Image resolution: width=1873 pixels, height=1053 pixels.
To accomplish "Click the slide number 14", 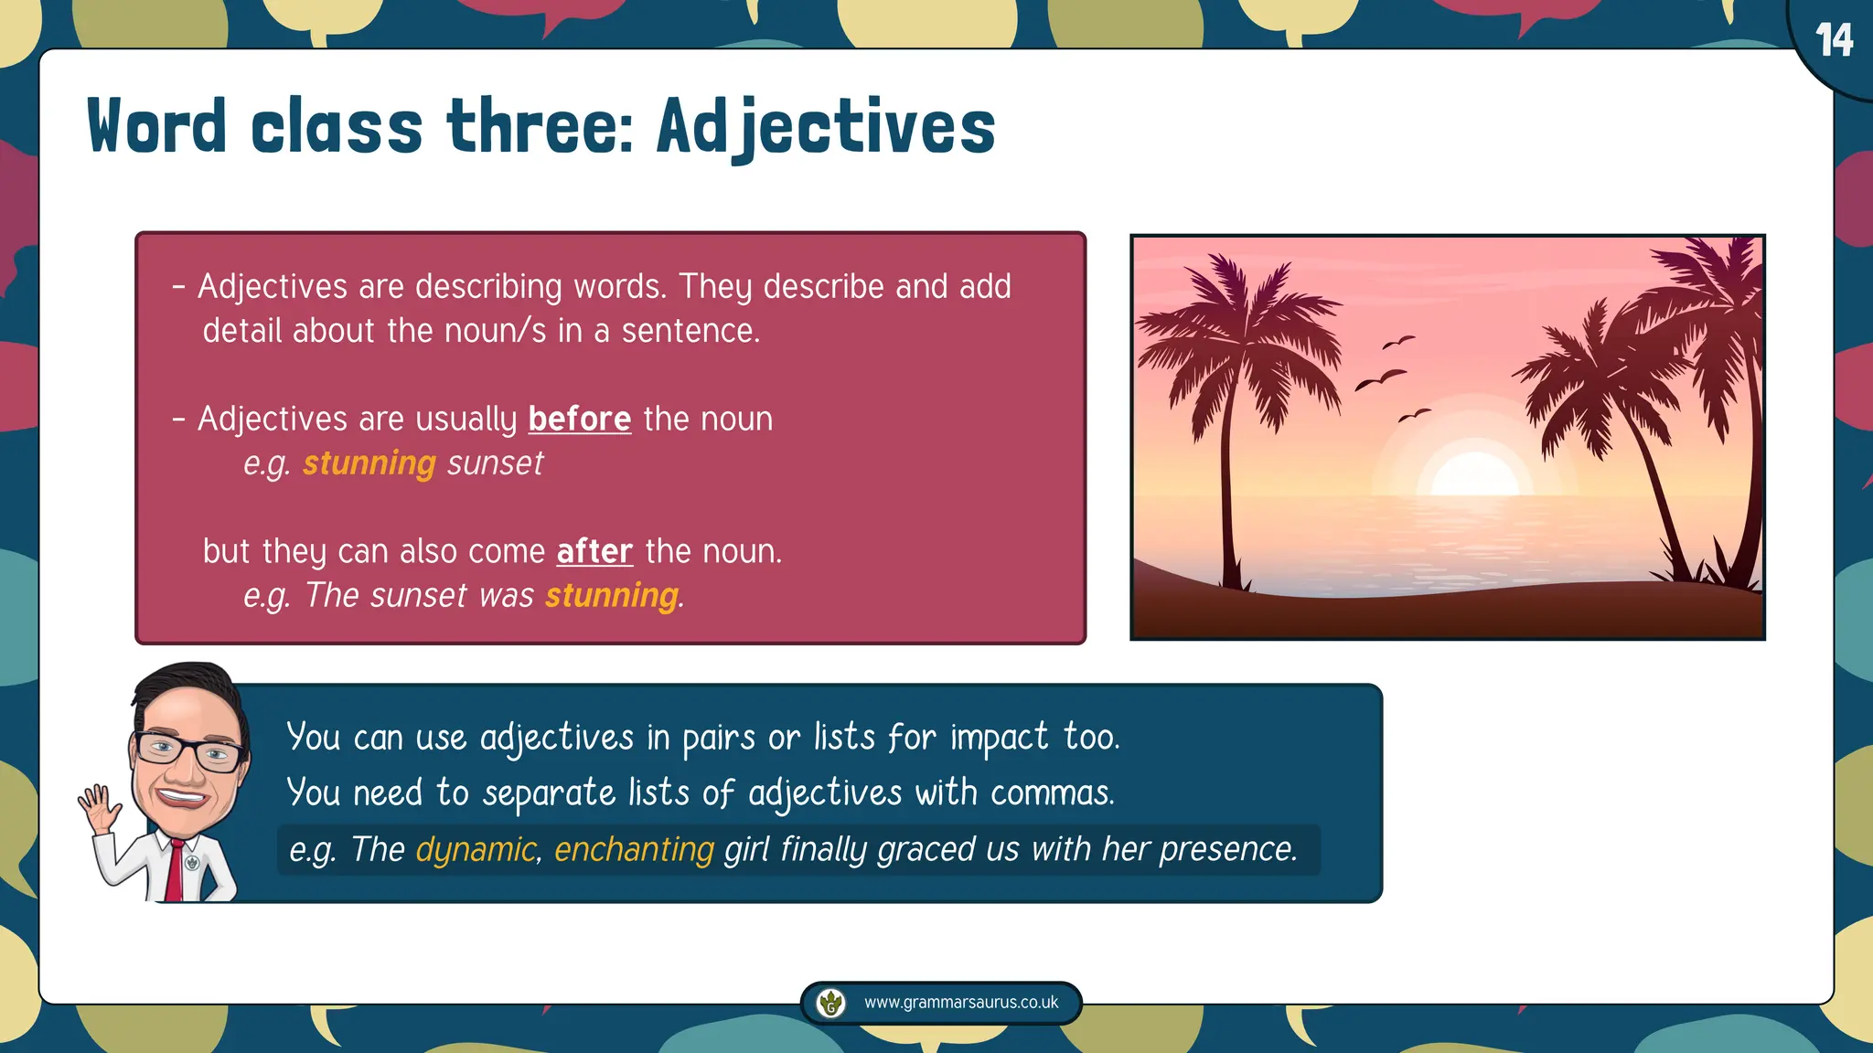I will tap(1834, 41).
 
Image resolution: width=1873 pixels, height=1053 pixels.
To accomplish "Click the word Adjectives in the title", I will tap(826, 127).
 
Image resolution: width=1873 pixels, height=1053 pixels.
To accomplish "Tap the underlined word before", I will tap(579, 420).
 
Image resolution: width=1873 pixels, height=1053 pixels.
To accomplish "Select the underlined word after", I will tap(594, 552).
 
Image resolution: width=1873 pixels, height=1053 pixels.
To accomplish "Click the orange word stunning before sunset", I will tap(369, 463).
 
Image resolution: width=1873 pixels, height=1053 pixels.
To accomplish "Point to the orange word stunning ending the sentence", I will tap(612, 596).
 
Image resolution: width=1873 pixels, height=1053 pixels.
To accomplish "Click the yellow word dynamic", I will tap(476, 850).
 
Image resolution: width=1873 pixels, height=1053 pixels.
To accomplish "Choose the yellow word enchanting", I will tap(634, 850).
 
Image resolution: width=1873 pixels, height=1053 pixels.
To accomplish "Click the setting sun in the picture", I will tap(1473, 476).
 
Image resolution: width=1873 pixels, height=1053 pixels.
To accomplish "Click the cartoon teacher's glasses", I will tap(188, 751).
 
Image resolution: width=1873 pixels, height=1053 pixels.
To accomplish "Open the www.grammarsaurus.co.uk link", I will tap(960, 1003).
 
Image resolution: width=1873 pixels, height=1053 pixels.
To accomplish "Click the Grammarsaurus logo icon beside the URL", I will tap(830, 1003).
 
